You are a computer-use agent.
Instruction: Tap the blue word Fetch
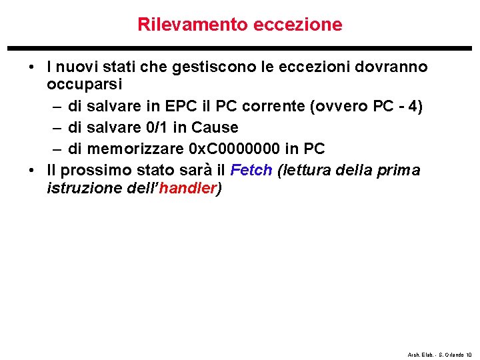point(251,170)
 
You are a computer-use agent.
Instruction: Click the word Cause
point(215,127)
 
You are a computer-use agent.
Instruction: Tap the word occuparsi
point(81,85)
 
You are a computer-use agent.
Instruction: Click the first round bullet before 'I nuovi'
point(32,67)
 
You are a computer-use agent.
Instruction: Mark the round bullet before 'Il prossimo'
point(32,170)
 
